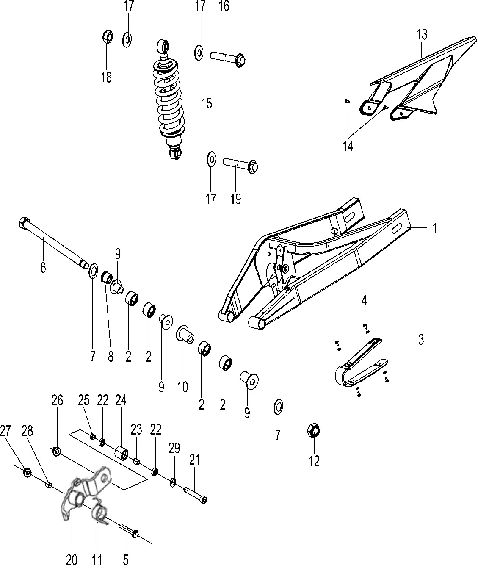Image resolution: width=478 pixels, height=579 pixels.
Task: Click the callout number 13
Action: (422, 35)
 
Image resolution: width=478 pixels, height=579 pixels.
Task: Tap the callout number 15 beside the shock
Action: (206, 103)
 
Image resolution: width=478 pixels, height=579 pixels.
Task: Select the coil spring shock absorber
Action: (168, 100)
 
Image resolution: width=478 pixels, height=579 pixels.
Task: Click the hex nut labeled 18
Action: (108, 36)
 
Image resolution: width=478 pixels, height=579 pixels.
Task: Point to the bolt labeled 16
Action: (228, 58)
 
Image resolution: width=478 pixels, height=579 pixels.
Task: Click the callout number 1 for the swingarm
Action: (435, 228)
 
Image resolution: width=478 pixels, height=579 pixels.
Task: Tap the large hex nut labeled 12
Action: (313, 431)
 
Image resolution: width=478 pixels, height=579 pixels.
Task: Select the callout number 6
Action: (43, 268)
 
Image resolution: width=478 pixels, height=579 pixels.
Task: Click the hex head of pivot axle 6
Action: (24, 223)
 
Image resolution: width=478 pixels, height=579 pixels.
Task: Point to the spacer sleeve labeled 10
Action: (185, 334)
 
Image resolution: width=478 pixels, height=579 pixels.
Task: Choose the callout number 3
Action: (421, 339)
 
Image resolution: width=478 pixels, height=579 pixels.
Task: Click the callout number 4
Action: (365, 301)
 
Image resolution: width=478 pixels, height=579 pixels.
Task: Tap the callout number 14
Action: (348, 146)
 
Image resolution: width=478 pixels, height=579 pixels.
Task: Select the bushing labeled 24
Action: (122, 452)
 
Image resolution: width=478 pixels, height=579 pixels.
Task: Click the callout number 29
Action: (174, 448)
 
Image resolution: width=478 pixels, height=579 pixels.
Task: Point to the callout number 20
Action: (72, 560)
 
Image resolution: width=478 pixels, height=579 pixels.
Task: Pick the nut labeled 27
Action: (27, 472)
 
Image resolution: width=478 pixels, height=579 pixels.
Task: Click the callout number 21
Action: (195, 460)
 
